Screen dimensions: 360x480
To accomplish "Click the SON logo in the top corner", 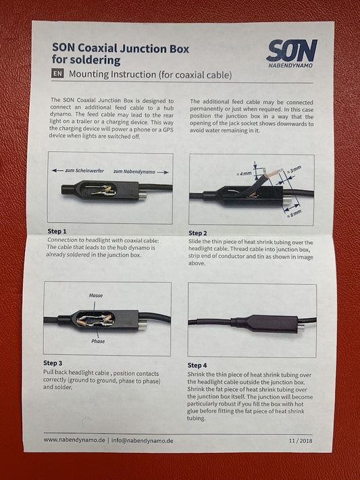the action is (291, 50).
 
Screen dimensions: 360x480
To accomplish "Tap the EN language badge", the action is (57, 74).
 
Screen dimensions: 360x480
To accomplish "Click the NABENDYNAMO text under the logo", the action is (290, 65).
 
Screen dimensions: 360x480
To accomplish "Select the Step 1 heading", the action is (57, 231).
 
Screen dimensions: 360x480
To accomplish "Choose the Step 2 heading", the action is (198, 234).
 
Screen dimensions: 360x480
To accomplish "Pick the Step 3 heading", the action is (53, 363).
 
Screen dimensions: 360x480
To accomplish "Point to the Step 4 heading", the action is (197, 365).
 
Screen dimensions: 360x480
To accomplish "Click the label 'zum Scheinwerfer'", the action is (84, 171).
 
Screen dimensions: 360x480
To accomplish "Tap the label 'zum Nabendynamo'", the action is (134, 171).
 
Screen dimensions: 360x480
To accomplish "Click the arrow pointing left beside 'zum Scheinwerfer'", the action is (57, 170).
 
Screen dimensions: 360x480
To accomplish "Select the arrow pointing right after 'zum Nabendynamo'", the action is (163, 172).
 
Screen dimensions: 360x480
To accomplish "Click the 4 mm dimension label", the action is (244, 174).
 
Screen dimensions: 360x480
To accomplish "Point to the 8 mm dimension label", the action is (294, 214).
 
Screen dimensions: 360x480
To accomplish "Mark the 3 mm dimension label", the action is (294, 169).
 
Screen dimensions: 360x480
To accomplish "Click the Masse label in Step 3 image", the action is (96, 296).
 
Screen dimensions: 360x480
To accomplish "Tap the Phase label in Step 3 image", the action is (98, 341).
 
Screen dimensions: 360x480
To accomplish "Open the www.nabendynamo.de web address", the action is (74, 440).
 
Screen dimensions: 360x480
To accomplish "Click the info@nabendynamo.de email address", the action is (142, 441).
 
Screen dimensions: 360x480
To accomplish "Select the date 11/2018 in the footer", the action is (301, 441).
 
